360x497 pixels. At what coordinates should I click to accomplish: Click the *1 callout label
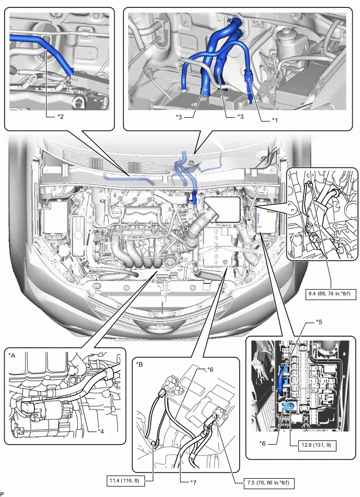274,120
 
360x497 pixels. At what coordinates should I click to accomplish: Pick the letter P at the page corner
3,493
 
